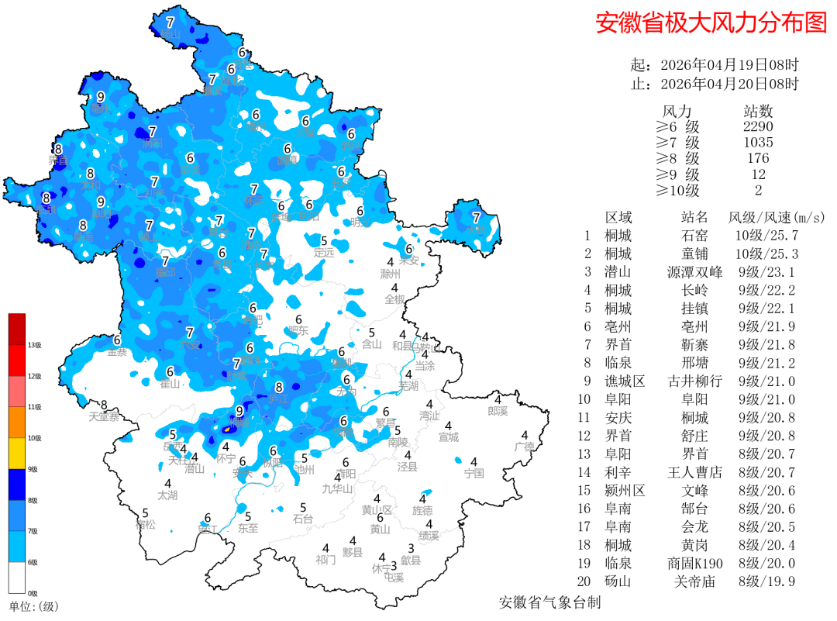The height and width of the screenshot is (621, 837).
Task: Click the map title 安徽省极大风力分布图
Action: pos(711,22)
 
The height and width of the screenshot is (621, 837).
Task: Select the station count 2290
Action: pos(758,126)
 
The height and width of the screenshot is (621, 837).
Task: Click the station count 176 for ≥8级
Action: pos(758,158)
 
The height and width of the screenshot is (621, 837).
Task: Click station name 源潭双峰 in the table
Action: pos(694,272)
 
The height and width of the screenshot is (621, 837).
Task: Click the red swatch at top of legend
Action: pos(17,329)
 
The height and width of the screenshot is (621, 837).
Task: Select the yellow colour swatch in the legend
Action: pos(17,454)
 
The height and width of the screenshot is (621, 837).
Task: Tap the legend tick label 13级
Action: pos(34,345)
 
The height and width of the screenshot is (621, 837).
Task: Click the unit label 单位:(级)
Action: pos(33,606)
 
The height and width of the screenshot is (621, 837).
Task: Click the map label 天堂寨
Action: pos(104,416)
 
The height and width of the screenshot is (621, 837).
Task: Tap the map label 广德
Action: pos(525,447)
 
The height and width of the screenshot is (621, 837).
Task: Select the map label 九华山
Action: pos(337,488)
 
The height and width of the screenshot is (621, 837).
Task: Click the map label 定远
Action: pos(324,252)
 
